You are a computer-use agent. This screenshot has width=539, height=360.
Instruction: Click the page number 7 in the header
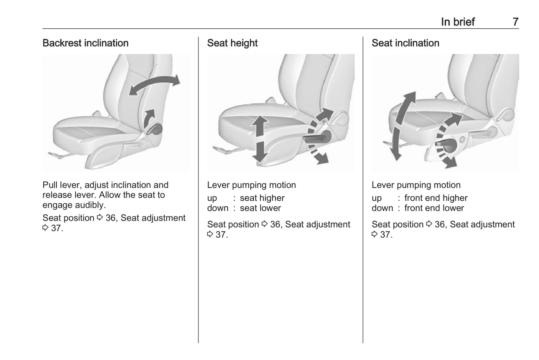515,22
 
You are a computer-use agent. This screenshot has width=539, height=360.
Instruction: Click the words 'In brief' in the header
457,22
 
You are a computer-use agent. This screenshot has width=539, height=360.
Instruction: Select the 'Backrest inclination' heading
85,43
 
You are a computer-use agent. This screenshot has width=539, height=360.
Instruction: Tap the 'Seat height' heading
232,43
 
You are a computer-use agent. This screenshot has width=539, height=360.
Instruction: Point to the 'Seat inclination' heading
405,43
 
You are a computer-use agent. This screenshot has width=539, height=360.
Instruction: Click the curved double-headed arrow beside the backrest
154,84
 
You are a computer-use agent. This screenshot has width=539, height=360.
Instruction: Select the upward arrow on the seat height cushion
260,125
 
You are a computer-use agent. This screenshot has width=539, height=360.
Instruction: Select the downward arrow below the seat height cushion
260,151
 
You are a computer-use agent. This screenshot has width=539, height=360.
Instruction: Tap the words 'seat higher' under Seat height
262,198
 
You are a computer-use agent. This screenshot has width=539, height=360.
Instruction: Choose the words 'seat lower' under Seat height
260,208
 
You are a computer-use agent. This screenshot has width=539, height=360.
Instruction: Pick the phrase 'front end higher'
436,198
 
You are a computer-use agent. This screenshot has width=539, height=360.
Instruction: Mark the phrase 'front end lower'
434,208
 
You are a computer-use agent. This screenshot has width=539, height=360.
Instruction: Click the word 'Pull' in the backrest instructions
50,185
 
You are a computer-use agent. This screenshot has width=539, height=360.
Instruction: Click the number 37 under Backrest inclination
57,228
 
